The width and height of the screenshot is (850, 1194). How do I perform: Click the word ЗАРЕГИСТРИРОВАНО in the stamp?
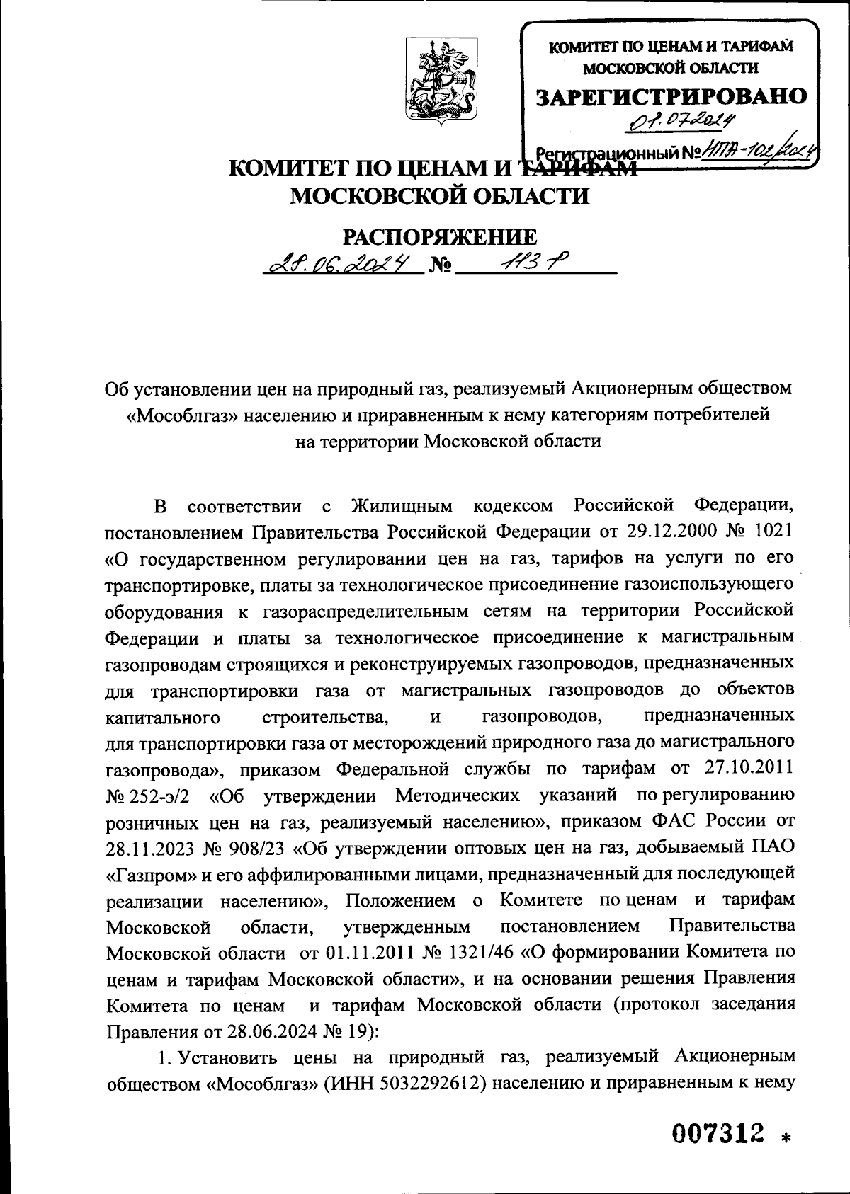point(671,97)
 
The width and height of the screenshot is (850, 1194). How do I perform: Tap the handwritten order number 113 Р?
point(528,263)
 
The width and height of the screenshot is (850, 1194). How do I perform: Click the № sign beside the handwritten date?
point(441,268)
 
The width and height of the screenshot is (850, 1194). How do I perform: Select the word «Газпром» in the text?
point(151,874)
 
